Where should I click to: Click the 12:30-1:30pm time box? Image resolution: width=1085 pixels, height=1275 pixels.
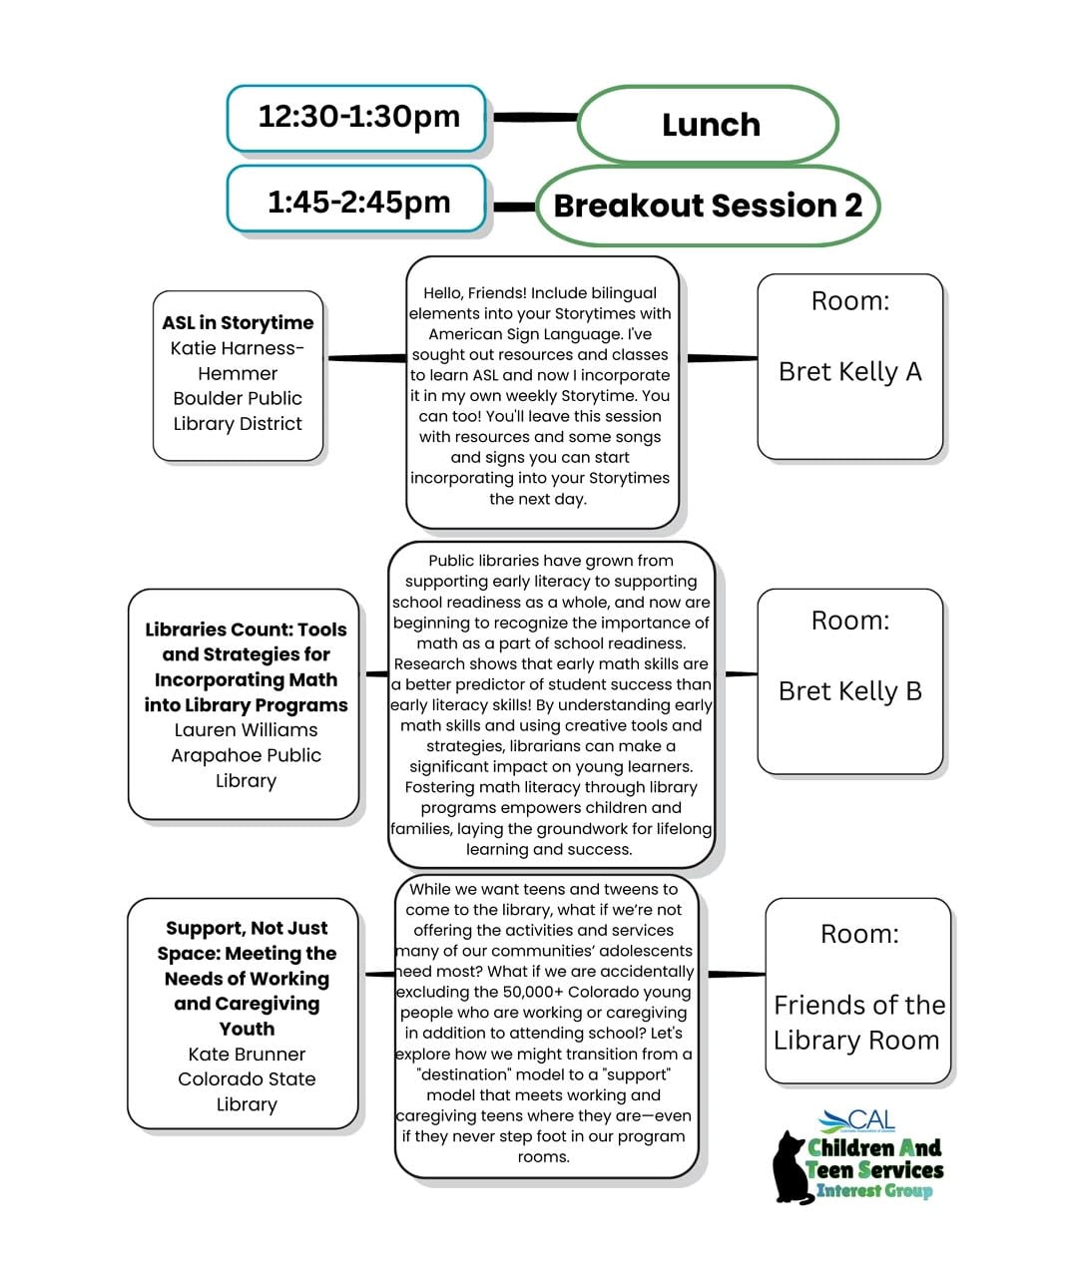point(357,118)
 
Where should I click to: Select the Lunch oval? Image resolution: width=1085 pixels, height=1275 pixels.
point(709,125)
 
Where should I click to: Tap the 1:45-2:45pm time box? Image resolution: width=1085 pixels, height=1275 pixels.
point(357,203)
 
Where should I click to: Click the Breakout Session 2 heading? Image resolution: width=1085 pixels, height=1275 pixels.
point(708,206)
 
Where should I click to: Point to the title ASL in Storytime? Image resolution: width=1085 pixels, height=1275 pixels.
point(238,322)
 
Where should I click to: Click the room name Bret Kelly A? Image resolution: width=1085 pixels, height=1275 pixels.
point(849,372)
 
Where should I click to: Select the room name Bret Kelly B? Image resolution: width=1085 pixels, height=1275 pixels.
point(849,691)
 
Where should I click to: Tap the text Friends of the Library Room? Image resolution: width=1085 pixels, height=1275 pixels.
point(858,1023)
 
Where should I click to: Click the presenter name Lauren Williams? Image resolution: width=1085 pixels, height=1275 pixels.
point(246,730)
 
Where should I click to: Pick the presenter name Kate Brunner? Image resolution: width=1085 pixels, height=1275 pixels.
point(247,1055)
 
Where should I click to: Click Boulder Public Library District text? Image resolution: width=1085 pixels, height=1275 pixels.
point(238,411)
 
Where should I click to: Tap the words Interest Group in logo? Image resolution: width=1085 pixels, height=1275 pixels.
point(873,1190)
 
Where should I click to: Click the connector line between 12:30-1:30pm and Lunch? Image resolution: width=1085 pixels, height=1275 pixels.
point(535,118)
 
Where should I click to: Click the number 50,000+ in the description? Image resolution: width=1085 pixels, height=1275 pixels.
point(529,993)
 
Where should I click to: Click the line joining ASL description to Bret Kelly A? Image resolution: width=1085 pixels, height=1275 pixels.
point(721,357)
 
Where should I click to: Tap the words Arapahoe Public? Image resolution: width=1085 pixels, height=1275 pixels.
point(246,756)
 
